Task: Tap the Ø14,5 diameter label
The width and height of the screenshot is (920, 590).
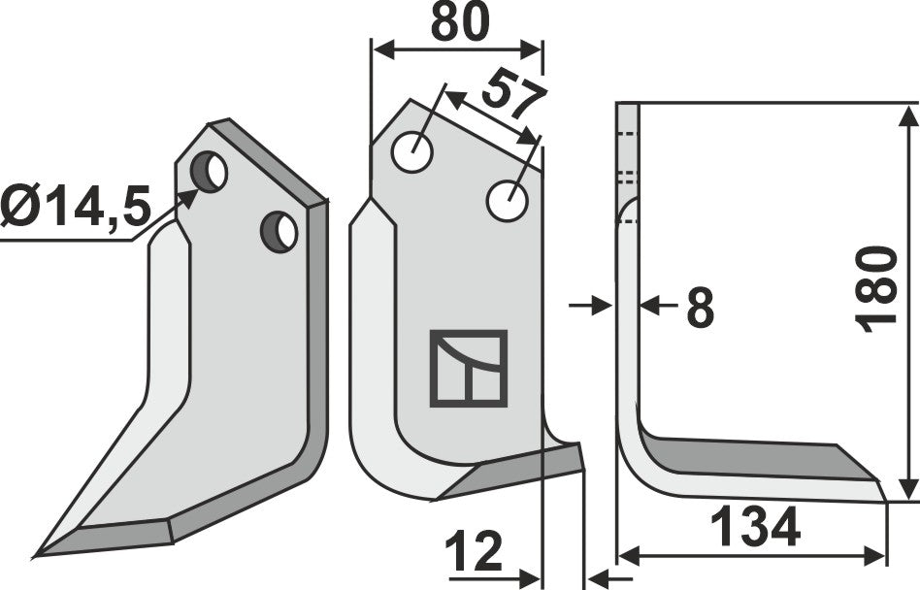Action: [x=76, y=207]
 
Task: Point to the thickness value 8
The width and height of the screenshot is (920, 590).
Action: [x=699, y=309]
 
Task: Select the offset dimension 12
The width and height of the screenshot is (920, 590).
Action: [x=475, y=555]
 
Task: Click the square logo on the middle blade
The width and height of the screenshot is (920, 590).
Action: [x=469, y=368]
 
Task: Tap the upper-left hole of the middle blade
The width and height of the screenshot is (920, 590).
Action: [x=412, y=152]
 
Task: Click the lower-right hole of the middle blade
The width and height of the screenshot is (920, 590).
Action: [x=507, y=201]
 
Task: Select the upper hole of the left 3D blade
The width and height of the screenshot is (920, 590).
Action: [x=209, y=173]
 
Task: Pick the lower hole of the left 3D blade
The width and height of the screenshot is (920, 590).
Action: [x=279, y=232]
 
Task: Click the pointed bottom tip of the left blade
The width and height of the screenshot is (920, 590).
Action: [x=39, y=555]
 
